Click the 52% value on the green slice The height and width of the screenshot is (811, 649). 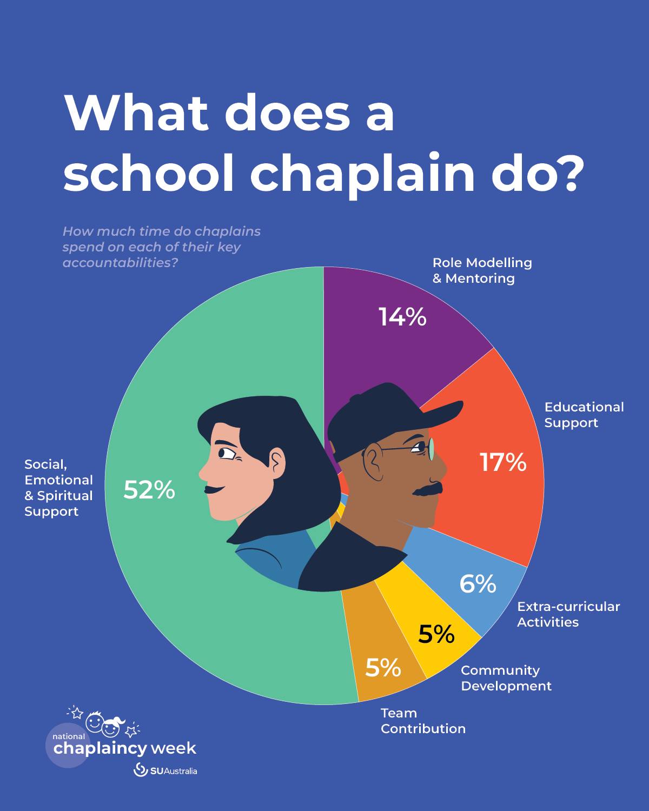(x=149, y=490)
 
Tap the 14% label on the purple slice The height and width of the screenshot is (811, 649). (x=402, y=317)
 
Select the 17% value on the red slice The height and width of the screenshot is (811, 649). (x=503, y=462)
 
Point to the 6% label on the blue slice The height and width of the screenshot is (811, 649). (x=478, y=584)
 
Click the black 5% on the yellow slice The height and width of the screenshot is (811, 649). (x=436, y=634)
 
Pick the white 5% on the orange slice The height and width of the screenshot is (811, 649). (x=383, y=668)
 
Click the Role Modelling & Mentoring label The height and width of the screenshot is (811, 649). (x=482, y=270)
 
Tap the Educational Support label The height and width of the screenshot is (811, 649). (x=584, y=415)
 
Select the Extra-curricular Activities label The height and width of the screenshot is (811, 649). (x=568, y=614)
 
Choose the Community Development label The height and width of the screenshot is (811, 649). (x=506, y=678)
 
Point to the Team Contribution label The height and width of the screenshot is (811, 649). (x=422, y=721)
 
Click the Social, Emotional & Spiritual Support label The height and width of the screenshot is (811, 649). (x=58, y=488)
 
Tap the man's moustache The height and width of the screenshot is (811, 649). (x=427, y=490)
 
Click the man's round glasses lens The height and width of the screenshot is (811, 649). (x=432, y=449)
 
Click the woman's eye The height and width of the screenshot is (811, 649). (x=226, y=453)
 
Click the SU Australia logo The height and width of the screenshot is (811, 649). (x=165, y=770)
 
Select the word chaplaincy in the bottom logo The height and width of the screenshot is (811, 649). (x=100, y=749)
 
